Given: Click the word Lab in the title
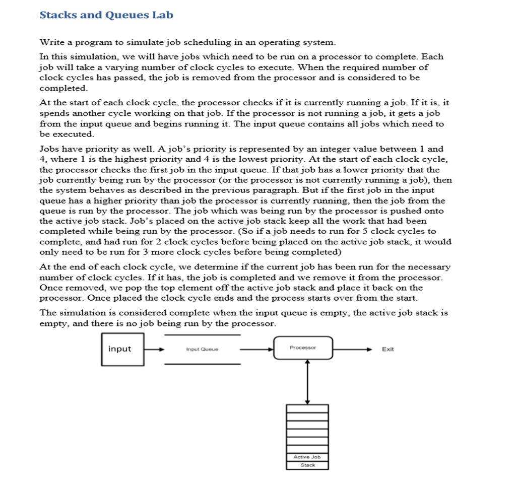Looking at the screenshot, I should [162, 15].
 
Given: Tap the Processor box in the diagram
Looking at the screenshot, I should [303, 348].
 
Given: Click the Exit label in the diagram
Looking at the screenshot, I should [388, 349].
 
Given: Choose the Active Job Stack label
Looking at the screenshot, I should [307, 460].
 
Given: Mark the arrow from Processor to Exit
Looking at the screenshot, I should [353, 349].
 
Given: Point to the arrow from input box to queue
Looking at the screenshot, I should [155, 349].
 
